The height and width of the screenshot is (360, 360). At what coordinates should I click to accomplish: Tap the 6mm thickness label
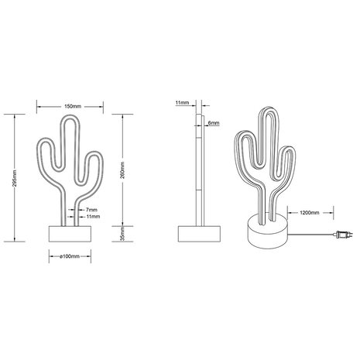[214, 123]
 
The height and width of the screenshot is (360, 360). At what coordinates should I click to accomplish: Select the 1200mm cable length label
[303, 210]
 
